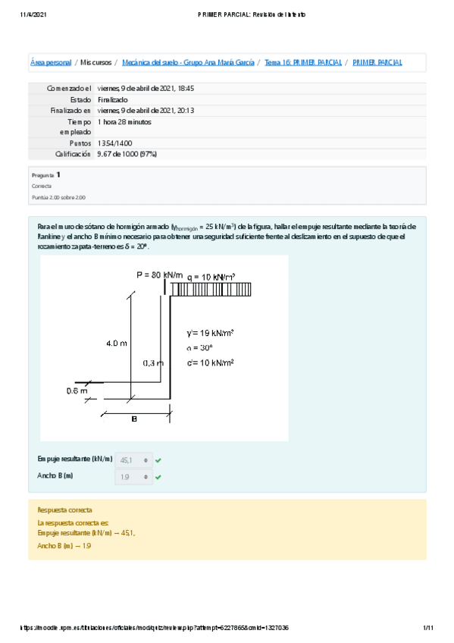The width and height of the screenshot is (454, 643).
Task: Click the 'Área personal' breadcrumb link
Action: point(51,62)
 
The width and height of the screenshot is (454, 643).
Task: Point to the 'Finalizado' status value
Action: point(113,99)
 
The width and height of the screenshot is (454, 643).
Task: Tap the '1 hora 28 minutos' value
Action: point(125,121)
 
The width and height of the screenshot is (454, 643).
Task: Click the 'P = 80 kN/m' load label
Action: point(159,274)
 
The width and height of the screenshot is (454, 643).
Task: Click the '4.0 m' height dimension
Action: point(117,343)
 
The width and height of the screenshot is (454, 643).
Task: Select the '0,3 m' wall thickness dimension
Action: point(153,363)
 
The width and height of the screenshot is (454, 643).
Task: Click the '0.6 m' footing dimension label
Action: point(77,391)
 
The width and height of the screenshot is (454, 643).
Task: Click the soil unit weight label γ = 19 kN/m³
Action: point(210,333)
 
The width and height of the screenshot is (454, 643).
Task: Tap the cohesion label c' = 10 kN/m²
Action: point(211,362)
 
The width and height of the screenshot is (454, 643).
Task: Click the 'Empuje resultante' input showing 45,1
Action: point(133,460)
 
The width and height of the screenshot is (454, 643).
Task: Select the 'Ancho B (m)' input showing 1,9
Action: point(133,477)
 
